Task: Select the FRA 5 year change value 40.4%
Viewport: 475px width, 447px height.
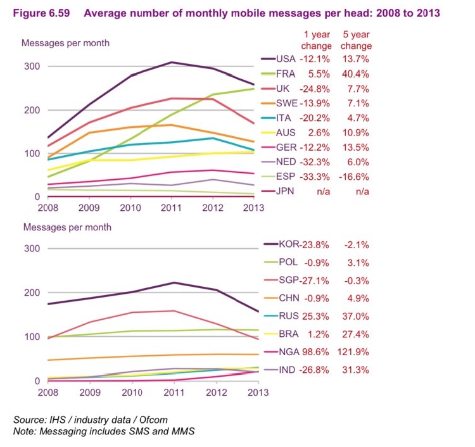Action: (x=355, y=73)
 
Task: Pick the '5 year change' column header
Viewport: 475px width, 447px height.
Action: (x=356, y=41)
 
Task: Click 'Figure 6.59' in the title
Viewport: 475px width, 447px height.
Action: (x=44, y=13)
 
